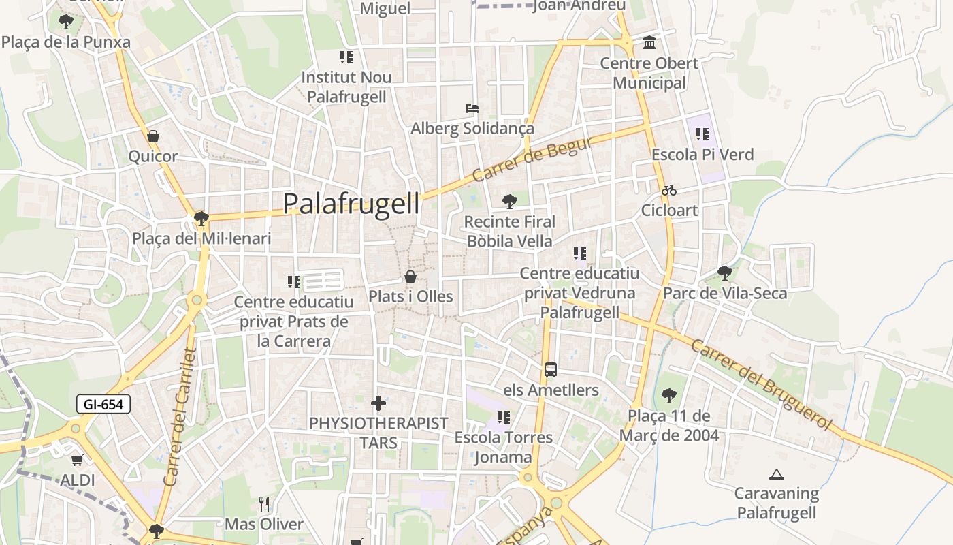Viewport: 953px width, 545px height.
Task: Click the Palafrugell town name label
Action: tap(351, 203)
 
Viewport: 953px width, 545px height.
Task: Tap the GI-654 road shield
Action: tap(103, 404)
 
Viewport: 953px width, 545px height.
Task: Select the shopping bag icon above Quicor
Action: tap(153, 136)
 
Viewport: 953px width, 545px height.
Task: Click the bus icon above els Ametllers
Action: tap(551, 370)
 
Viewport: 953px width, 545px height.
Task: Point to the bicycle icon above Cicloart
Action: tap(669, 190)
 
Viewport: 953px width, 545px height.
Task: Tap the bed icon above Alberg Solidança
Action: tap(472, 108)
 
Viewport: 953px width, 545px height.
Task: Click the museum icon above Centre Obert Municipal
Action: tap(649, 43)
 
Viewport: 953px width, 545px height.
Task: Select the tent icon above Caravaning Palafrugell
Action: tap(776, 473)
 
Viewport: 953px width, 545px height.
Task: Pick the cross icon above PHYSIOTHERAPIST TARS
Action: tap(378, 403)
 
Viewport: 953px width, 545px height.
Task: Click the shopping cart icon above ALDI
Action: tap(77, 461)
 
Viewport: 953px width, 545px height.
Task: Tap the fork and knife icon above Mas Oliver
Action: tap(264, 504)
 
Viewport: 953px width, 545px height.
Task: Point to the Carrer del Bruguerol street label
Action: tap(761, 384)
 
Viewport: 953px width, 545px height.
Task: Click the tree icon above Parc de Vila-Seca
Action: tap(725, 273)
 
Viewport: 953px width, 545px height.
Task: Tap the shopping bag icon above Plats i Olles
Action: tap(410, 277)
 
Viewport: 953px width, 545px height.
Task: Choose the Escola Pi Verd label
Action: tap(702, 155)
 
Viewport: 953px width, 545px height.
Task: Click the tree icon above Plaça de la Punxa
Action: tap(65, 22)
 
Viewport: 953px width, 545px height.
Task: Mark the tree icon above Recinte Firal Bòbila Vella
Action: tap(509, 201)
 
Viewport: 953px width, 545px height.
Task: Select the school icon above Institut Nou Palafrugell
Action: tap(346, 57)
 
